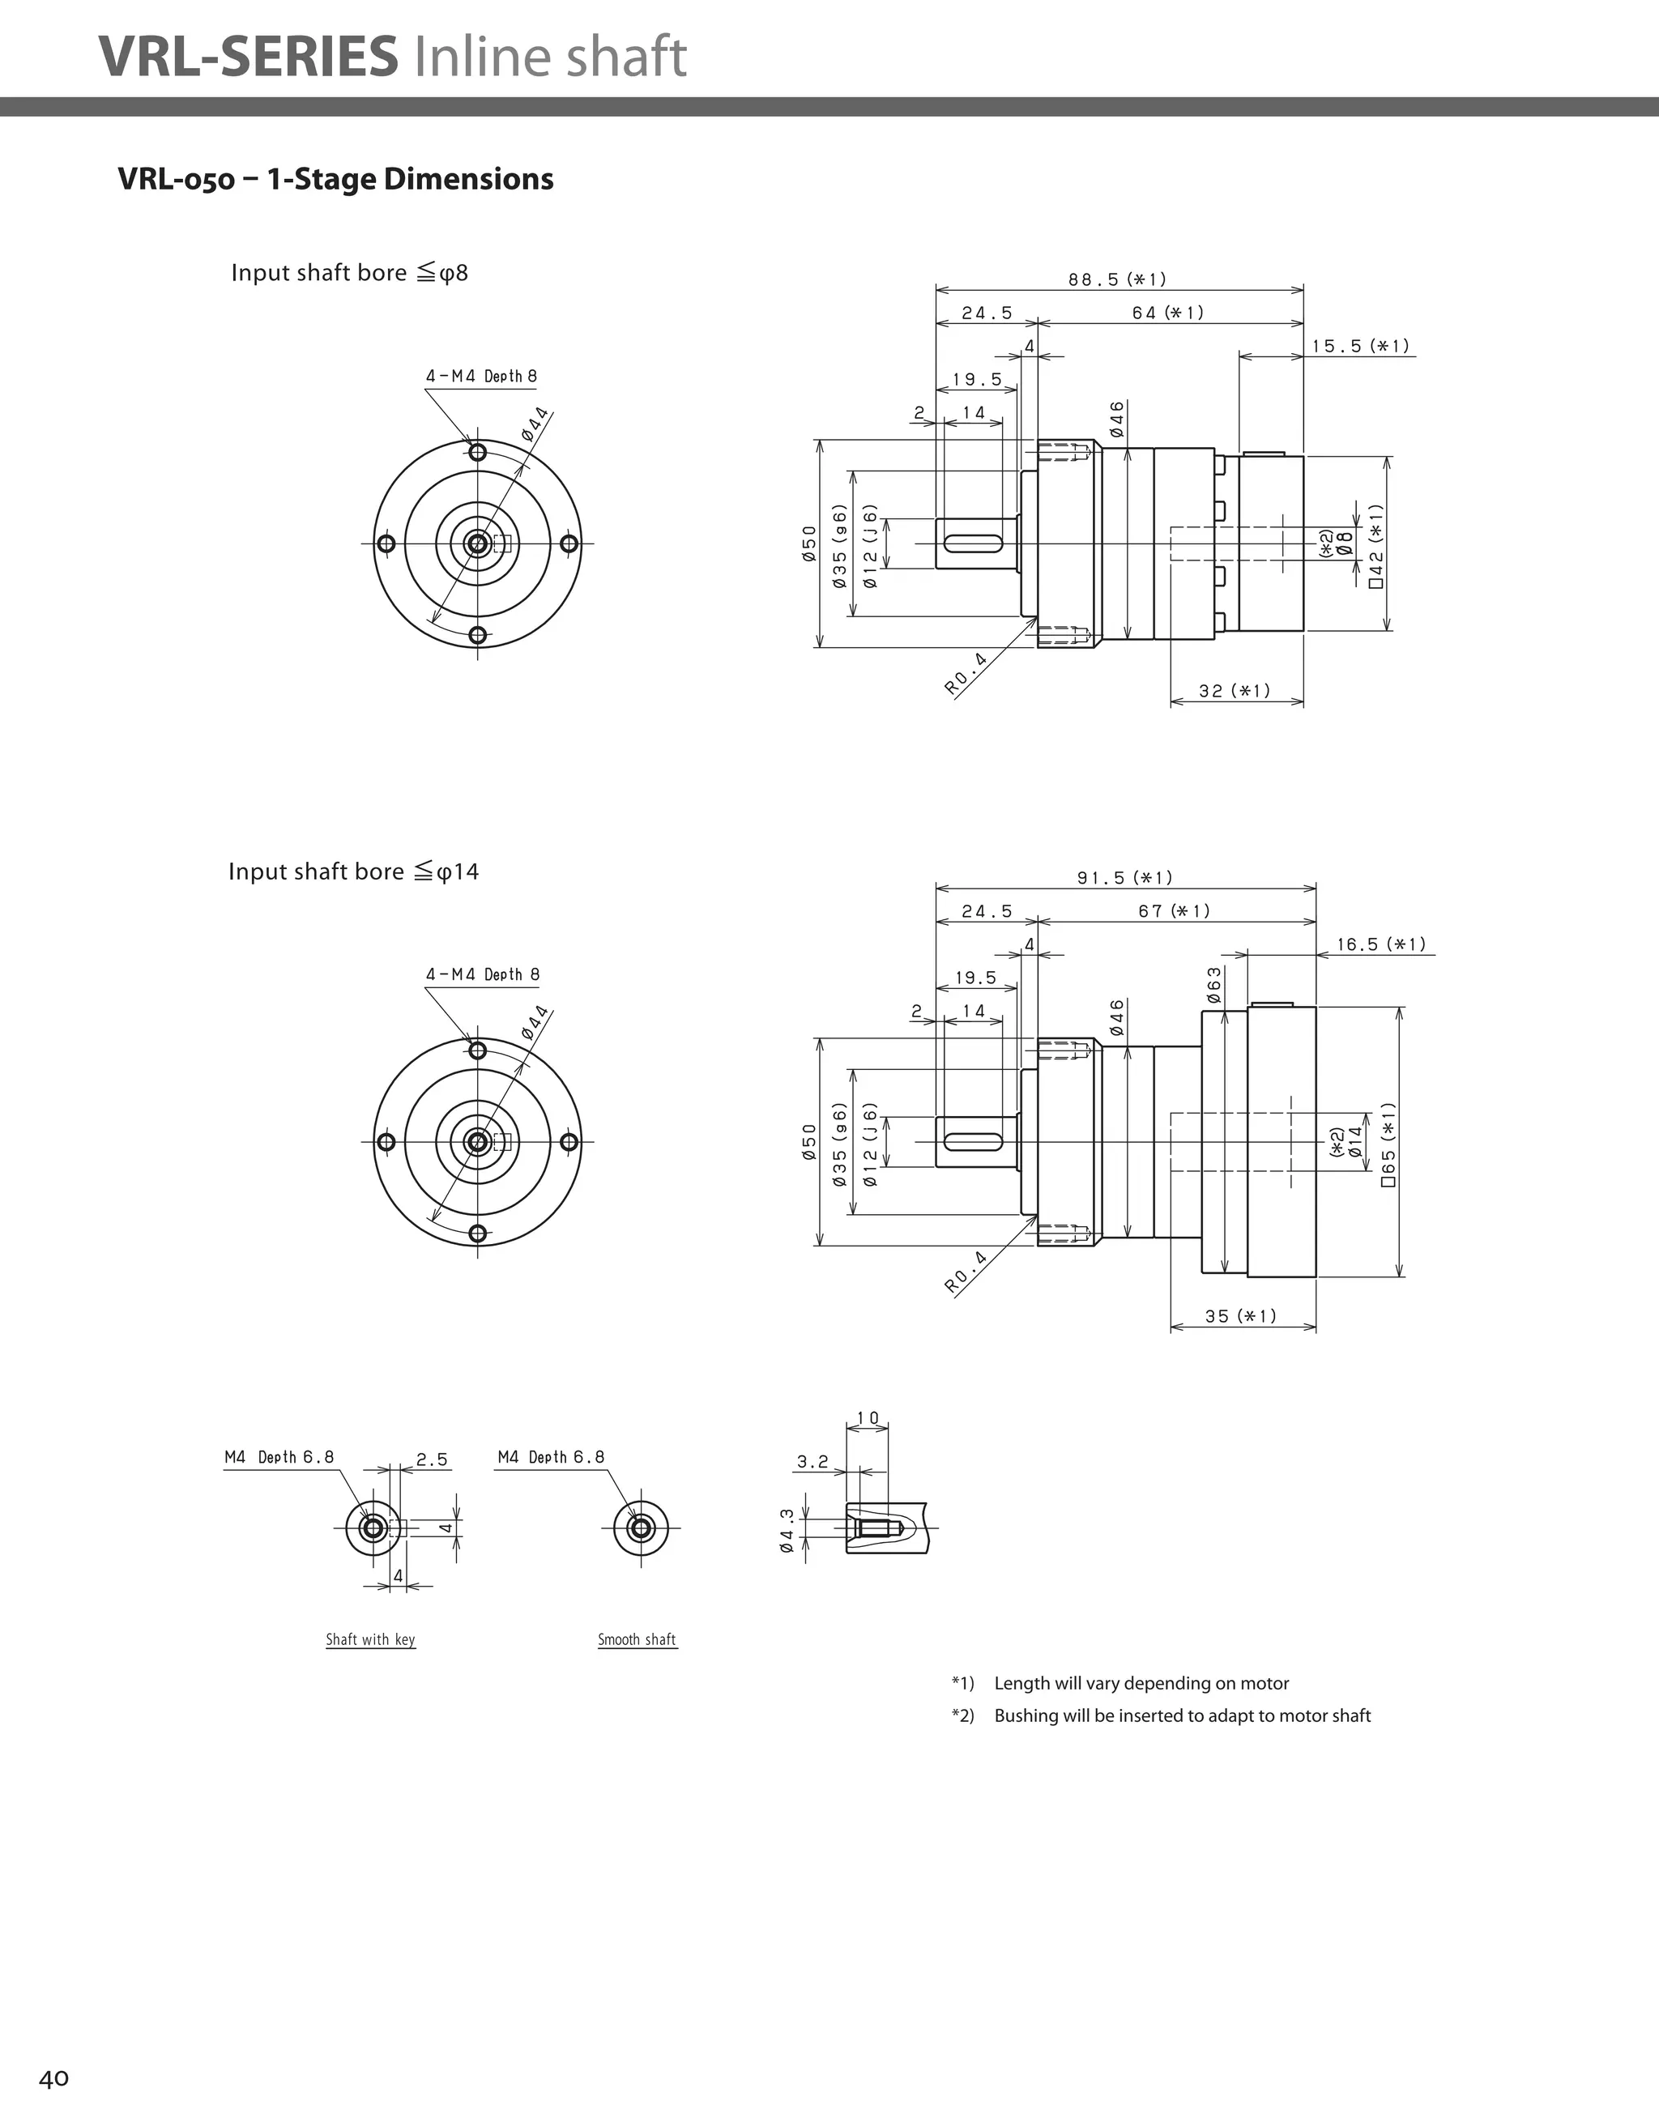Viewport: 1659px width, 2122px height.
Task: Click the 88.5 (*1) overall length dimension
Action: [1118, 279]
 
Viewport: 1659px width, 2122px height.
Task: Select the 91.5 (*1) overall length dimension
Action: [1124, 878]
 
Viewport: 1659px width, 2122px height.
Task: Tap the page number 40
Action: [53, 2078]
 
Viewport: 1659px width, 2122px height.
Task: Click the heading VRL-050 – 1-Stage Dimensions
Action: [335, 179]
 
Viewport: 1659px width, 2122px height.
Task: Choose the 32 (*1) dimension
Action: [1235, 691]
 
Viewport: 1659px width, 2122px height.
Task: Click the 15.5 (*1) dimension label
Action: [1361, 346]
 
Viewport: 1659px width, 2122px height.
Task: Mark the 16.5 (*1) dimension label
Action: [1381, 944]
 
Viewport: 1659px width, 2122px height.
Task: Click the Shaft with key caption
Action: [370, 1640]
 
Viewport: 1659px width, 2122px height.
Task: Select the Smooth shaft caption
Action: [637, 1640]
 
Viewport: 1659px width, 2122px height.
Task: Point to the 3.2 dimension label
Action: [812, 1461]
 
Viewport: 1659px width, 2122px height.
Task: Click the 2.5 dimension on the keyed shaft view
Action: [432, 1459]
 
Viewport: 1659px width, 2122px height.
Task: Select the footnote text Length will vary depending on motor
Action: [1141, 1683]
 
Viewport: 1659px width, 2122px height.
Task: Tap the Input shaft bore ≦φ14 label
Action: [354, 871]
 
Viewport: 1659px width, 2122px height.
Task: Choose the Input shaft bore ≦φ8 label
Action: [350, 273]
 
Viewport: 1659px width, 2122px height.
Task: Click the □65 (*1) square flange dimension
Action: [1388, 1144]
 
